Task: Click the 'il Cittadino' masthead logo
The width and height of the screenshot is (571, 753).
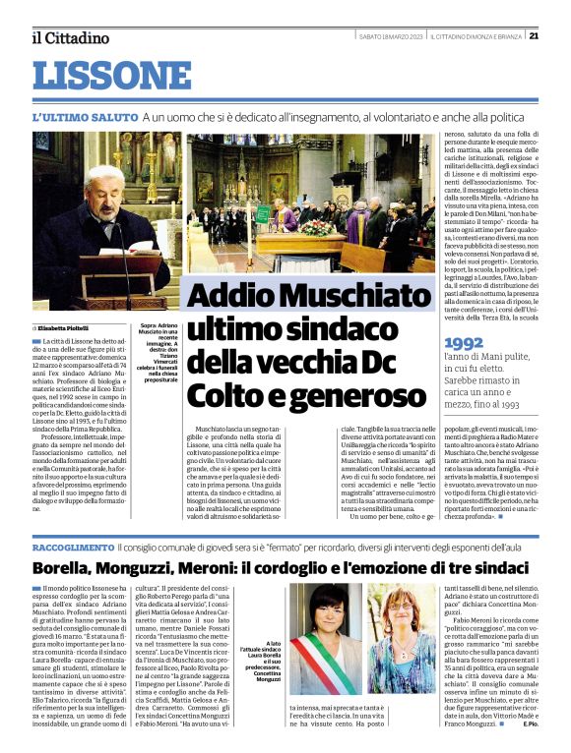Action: [70, 37]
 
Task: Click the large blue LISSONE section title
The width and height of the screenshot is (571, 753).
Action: [111, 76]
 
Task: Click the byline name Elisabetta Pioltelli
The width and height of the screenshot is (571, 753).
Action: [63, 327]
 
